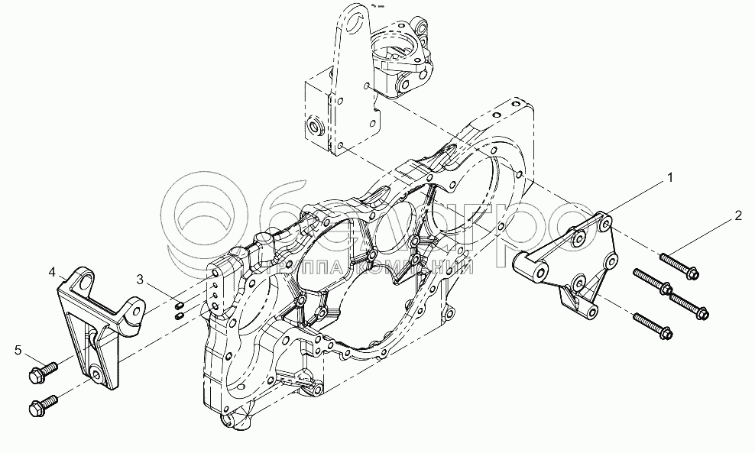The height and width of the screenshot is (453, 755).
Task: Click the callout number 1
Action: [669, 178]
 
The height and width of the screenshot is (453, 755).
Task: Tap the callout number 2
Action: [737, 215]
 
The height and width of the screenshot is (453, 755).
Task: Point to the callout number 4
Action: [52, 271]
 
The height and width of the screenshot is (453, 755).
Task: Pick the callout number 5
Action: [18, 351]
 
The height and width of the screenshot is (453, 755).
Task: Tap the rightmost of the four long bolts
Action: [689, 305]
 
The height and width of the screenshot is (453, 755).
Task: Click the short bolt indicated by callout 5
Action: [44, 372]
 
